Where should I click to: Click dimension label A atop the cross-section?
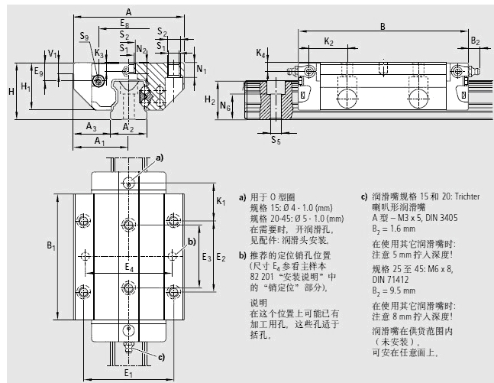tap(128, 11)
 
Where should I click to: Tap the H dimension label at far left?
tap(11, 91)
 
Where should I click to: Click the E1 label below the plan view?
tap(128, 374)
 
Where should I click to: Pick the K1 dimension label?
tap(221, 201)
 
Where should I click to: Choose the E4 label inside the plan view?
tap(129, 268)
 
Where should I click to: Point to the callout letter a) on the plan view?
tap(160, 157)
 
